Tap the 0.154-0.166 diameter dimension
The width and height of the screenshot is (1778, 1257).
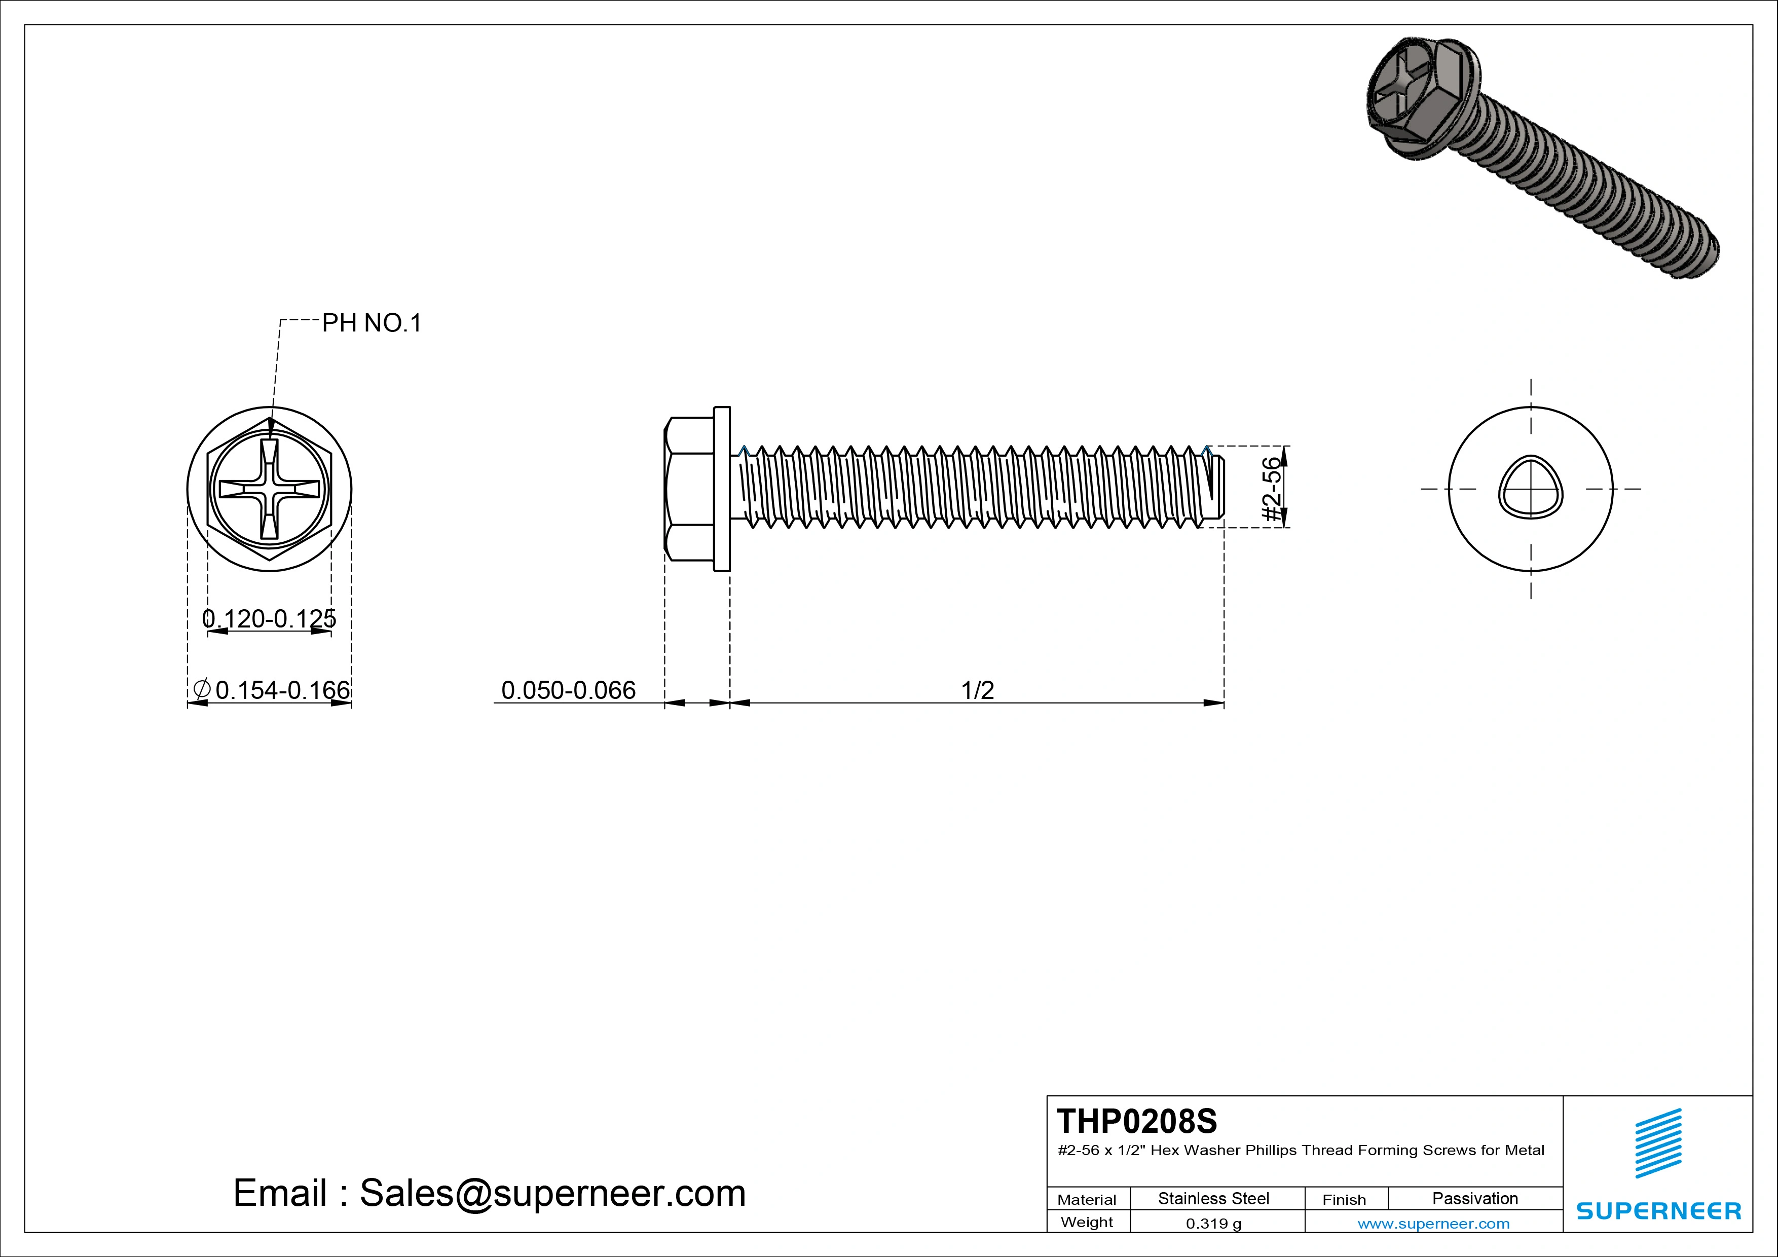[x=282, y=689]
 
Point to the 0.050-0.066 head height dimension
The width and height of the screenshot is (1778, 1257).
[x=568, y=689]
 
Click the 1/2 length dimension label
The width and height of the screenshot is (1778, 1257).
[x=977, y=689]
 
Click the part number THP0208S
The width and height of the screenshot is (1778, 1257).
[x=1136, y=1121]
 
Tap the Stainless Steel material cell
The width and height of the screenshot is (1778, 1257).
[x=1213, y=1198]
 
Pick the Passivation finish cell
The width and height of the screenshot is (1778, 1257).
[x=1474, y=1198]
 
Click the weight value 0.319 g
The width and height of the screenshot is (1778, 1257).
[x=1213, y=1224]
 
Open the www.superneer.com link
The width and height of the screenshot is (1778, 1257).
[x=1433, y=1224]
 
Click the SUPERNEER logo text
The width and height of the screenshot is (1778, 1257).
[x=1658, y=1210]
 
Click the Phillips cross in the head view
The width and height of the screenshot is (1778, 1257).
[x=270, y=490]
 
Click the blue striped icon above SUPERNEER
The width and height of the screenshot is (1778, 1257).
[x=1658, y=1142]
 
